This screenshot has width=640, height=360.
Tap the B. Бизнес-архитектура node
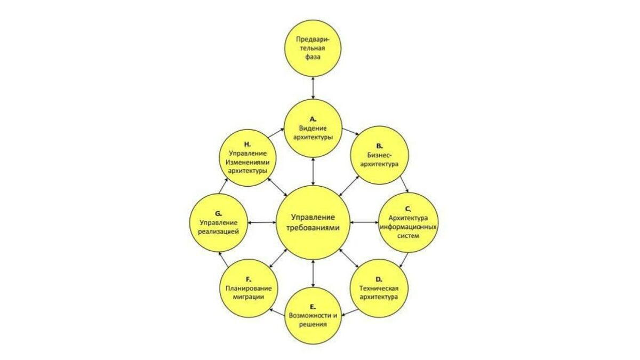pos(379,155)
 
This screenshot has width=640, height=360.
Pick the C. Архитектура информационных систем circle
pos(408,222)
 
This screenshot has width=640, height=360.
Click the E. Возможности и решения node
pos(313,315)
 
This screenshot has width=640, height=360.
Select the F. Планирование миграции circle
pos(247,289)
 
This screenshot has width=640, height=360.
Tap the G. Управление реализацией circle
pos(219,222)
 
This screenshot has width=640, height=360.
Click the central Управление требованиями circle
pos(313,222)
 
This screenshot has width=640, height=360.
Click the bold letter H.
pos(247,144)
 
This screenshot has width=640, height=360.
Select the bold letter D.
pos(379,279)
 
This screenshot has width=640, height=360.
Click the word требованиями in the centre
pos(313,227)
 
